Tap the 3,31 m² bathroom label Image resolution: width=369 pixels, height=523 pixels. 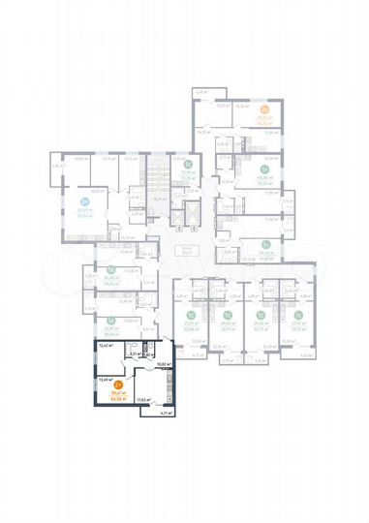pos(133,355)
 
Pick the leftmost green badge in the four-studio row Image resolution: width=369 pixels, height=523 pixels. pos(192,315)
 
